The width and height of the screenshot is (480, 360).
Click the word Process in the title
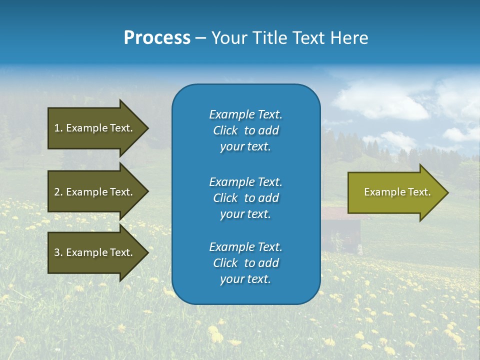(157, 38)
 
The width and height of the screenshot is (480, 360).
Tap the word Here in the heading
(350, 38)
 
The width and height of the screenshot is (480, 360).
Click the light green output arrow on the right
(395, 192)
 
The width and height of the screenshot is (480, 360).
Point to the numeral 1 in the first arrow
(56, 128)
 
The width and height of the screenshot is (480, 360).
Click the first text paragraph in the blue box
(245, 130)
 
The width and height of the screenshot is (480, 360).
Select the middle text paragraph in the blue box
(245, 198)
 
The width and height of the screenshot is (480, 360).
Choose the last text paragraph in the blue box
(245, 263)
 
